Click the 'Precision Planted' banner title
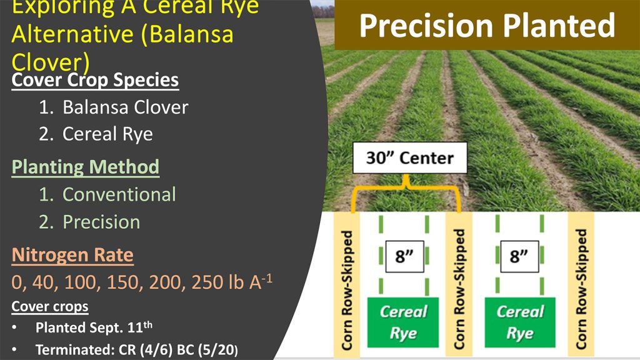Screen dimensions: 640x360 [x=487, y=26]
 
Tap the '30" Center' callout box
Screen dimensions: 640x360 [x=410, y=158]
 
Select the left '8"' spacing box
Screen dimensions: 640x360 [x=404, y=256]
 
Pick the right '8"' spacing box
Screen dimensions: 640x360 [x=519, y=256]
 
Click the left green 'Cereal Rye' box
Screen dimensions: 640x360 [x=403, y=322]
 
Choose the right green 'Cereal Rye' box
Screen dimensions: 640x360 [x=520, y=322]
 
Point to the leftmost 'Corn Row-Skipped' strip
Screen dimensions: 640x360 [x=347, y=285]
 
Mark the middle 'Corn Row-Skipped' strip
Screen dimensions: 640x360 [x=459, y=285]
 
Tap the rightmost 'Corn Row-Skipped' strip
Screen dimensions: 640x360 [x=581, y=285]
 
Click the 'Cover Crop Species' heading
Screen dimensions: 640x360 [x=95, y=80]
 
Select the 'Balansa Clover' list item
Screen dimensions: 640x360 [x=125, y=107]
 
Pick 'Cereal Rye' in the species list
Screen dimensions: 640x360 [x=107, y=134]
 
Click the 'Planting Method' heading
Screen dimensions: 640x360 [x=85, y=167]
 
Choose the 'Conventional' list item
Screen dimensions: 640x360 [x=119, y=194]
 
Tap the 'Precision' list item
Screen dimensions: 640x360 [x=101, y=222]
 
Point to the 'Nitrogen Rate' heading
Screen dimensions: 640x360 [x=72, y=255]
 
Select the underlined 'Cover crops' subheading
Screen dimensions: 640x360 [x=50, y=306]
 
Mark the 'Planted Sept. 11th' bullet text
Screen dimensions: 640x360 [x=94, y=327]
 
